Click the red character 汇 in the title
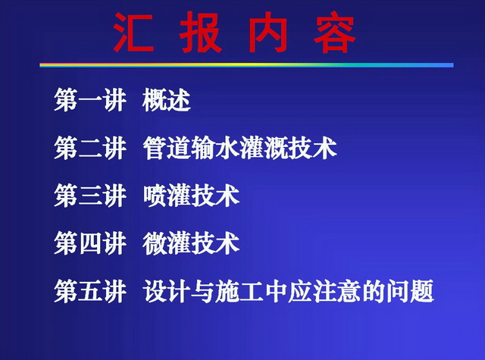[133, 32]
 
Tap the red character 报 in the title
[201, 32]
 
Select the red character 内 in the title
[268, 32]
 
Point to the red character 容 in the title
[335, 32]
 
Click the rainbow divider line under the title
[246, 65]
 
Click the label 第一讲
[90, 100]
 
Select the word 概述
[167, 100]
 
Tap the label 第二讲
[90, 148]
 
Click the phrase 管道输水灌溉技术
[239, 148]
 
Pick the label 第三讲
[90, 196]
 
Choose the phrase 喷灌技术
[191, 196]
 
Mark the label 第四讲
[90, 243]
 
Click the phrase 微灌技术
[191, 243]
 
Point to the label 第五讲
[90, 291]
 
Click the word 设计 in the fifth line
[167, 291]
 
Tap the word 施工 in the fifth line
[239, 291]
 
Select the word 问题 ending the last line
[410, 291]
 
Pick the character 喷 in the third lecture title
[155, 196]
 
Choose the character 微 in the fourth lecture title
[155, 243]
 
